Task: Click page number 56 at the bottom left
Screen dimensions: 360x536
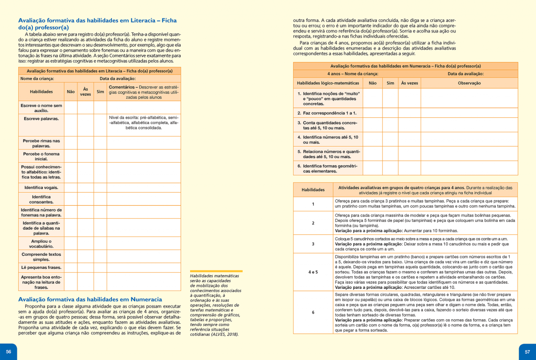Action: (8, 351)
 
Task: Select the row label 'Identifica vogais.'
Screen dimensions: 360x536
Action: (41, 187)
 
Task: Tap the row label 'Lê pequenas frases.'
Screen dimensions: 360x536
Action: (41, 267)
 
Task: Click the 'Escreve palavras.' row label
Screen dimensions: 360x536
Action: (41, 118)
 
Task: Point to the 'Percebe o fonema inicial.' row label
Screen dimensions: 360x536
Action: (41, 156)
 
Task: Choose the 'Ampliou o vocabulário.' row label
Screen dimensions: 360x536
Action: (41, 243)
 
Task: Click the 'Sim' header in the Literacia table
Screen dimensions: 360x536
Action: (100, 92)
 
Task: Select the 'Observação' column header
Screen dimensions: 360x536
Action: (469, 83)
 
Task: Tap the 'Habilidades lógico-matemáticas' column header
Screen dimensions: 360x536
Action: (328, 83)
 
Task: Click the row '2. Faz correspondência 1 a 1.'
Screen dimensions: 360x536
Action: (327, 113)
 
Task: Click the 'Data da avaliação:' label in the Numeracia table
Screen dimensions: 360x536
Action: (465, 74)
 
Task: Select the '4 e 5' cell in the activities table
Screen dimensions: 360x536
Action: (313, 272)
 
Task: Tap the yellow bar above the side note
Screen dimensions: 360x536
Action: (216, 271)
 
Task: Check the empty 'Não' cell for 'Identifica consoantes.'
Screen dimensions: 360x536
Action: (71, 199)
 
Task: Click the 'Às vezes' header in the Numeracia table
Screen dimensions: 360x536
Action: (409, 83)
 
